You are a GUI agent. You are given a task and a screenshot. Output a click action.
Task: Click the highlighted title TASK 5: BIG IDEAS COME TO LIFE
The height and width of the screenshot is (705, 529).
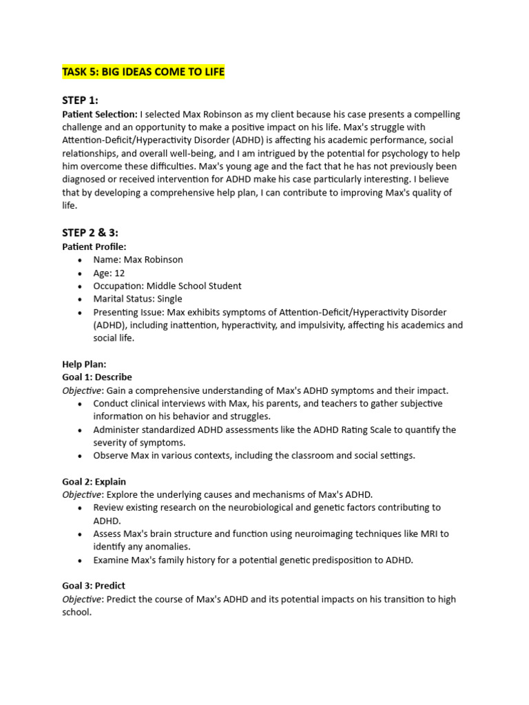(143, 72)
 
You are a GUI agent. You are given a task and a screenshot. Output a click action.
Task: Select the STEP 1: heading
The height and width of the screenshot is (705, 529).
(80, 101)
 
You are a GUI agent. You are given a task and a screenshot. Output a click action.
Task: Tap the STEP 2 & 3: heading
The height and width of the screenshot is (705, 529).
(95, 233)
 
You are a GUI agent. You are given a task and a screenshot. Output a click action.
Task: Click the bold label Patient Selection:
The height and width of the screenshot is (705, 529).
(100, 114)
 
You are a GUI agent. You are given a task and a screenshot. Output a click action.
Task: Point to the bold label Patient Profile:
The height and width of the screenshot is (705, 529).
(94, 246)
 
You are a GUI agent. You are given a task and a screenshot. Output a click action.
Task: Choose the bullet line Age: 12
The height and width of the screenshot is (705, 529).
(109, 273)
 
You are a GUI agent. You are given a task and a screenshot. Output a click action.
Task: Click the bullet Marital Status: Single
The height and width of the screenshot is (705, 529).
(138, 299)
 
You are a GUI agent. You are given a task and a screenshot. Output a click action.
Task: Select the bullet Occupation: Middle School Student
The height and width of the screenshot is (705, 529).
(167, 286)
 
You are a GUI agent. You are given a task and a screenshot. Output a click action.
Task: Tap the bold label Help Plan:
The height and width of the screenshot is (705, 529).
(84, 364)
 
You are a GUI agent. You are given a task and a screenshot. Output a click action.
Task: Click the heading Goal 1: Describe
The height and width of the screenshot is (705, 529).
(97, 377)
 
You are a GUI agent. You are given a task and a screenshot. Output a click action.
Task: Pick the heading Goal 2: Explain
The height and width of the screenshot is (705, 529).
(94, 482)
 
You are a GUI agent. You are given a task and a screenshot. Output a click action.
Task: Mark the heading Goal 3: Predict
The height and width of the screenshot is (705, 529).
(94, 586)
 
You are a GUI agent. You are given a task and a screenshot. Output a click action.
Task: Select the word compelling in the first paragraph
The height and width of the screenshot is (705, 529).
(437, 114)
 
